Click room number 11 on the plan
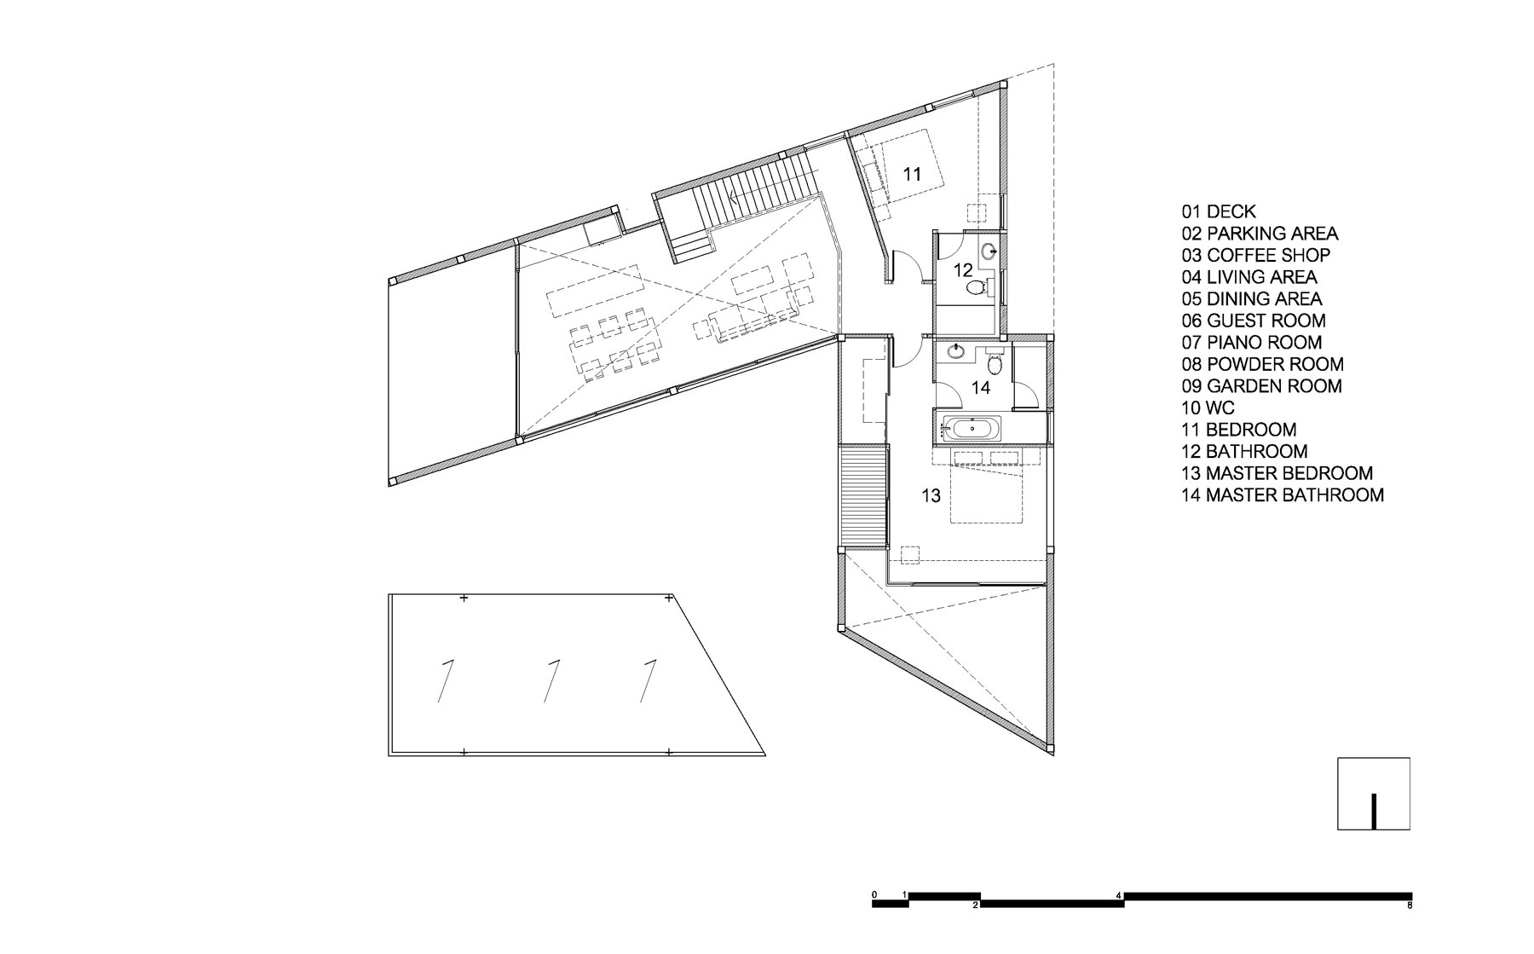click(912, 174)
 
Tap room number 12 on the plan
click(963, 270)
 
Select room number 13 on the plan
click(931, 494)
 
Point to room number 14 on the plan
click(981, 388)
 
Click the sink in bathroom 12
click(989, 252)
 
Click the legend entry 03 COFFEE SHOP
click(1255, 255)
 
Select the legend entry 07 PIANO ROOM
click(1251, 343)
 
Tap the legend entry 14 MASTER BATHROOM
click(1283, 494)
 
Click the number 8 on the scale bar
click(1410, 905)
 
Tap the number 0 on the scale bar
click(874, 894)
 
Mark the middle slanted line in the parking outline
click(551, 681)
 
